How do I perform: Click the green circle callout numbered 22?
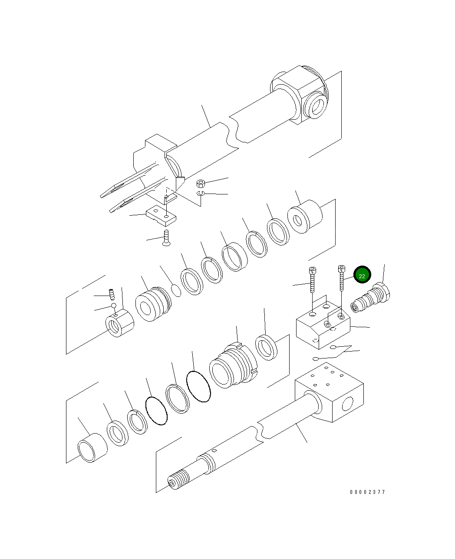click(x=362, y=275)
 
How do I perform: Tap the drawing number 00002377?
click(x=367, y=492)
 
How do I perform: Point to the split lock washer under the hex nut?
click(x=200, y=193)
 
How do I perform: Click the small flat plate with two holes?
click(x=161, y=216)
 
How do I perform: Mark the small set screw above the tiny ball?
click(x=111, y=294)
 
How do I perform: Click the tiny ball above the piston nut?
click(x=114, y=306)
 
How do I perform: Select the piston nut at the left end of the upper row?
click(x=119, y=323)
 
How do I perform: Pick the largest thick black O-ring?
click(x=198, y=386)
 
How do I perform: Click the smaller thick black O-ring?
click(x=156, y=411)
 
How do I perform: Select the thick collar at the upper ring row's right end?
click(x=306, y=217)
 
